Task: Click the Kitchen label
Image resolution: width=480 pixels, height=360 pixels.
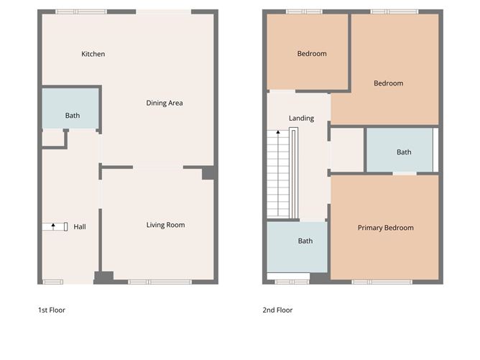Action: [93, 54]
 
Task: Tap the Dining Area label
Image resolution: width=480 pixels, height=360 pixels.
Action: [165, 103]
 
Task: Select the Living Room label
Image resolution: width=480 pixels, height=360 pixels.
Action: [165, 225]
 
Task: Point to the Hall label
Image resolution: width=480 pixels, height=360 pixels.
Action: [80, 227]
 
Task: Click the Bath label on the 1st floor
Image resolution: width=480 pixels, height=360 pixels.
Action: [73, 116]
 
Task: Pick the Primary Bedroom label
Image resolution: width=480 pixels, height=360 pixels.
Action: [386, 228]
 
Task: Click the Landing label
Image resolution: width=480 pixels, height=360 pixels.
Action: [301, 118]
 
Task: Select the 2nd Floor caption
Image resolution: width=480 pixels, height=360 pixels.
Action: [277, 310]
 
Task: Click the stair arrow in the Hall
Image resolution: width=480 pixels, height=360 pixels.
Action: [53, 226]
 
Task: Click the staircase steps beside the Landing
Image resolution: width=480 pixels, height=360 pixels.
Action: [278, 176]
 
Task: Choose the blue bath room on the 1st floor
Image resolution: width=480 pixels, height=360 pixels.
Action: [70, 108]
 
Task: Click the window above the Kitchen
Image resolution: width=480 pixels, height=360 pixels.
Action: [81, 11]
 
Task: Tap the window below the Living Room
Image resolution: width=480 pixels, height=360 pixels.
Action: [160, 281]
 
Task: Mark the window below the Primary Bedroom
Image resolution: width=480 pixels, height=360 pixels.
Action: [382, 281]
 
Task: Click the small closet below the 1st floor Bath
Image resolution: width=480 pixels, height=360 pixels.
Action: [53, 139]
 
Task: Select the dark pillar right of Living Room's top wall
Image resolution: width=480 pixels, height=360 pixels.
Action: [208, 173]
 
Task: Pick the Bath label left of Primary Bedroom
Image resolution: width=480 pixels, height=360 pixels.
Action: [305, 241]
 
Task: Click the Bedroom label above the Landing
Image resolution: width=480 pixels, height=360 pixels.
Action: [312, 54]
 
